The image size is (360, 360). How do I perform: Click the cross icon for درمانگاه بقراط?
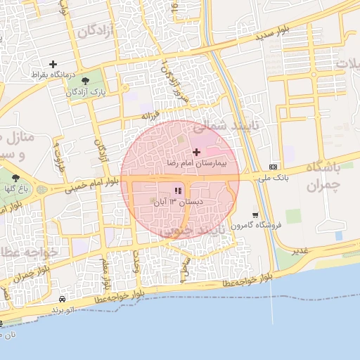[53, 64]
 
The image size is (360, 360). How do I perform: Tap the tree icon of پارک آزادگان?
[86, 81]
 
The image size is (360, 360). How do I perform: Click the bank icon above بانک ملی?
[273, 167]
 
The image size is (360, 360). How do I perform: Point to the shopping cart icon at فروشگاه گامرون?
[255, 214]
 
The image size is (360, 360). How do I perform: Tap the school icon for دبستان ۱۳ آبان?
[178, 191]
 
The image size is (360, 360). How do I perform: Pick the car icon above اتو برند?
[63, 299]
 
